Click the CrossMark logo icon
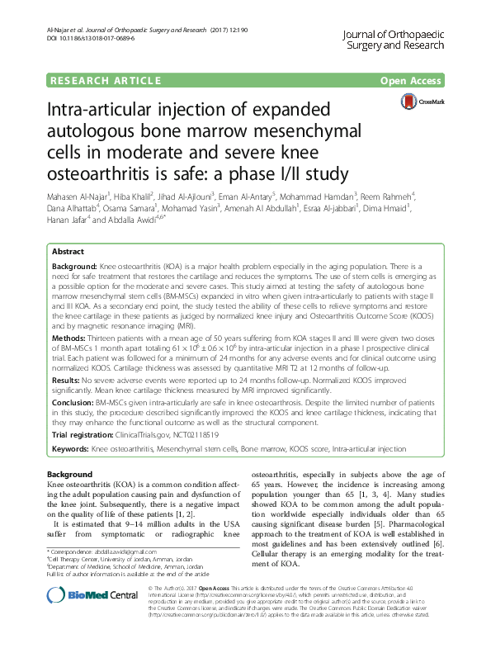click(418, 102)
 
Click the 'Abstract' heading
click(68, 251)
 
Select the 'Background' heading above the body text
click(70, 475)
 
